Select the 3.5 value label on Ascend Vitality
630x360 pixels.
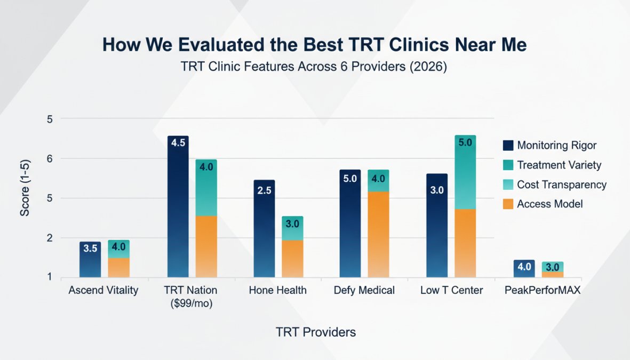90,248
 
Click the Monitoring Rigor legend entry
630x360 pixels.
557,145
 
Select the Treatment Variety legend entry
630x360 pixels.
559,165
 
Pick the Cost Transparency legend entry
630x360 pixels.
562,185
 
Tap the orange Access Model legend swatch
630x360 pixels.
508,204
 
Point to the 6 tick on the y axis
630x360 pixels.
50,159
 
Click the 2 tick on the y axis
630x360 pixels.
50,238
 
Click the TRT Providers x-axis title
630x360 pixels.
316,332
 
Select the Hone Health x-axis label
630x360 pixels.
277,291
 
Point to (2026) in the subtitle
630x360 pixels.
425,68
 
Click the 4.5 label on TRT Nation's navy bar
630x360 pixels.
177,143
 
